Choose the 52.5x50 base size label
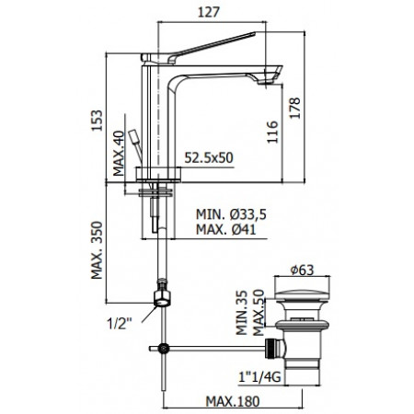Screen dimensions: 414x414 pos(207,158)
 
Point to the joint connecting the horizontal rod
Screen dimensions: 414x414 pos(164,349)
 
